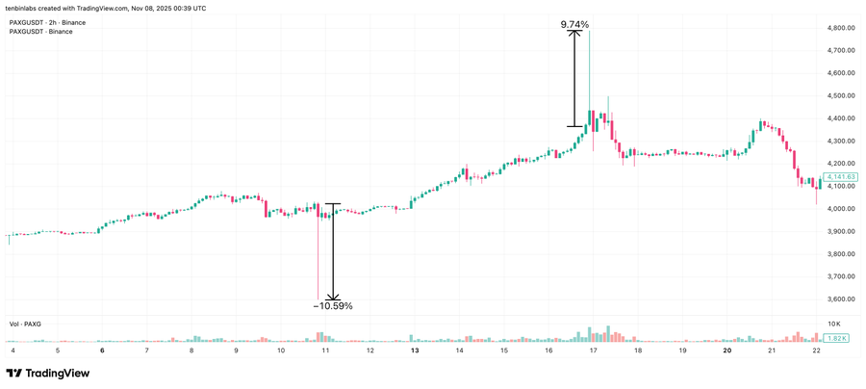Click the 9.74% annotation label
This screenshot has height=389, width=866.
point(574,24)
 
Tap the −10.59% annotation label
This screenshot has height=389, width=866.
point(333,306)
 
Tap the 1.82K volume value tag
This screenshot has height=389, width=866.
point(836,339)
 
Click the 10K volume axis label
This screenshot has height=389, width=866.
point(833,324)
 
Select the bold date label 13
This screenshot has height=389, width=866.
point(415,350)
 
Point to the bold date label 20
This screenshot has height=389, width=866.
point(726,350)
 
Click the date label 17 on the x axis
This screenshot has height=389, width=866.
point(593,350)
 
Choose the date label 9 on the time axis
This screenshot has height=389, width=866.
point(236,350)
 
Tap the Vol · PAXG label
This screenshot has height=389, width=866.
point(26,323)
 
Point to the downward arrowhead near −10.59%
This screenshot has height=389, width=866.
point(333,297)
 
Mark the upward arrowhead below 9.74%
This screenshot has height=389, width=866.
point(574,34)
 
